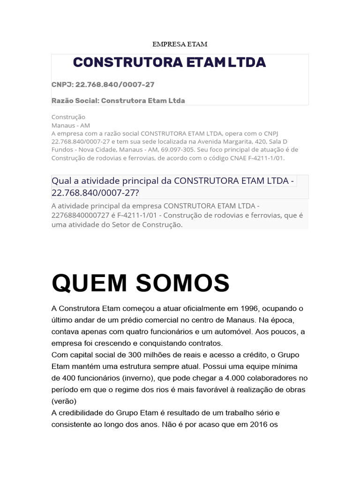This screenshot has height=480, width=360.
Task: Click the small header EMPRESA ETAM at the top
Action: [180, 44]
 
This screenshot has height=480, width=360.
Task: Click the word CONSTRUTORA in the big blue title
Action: [127, 62]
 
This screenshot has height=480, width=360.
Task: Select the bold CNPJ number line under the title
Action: [103, 84]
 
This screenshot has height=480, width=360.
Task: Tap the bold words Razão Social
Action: [74, 100]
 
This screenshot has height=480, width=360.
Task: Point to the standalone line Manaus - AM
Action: [70, 125]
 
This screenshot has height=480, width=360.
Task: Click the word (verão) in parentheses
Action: [64, 401]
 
